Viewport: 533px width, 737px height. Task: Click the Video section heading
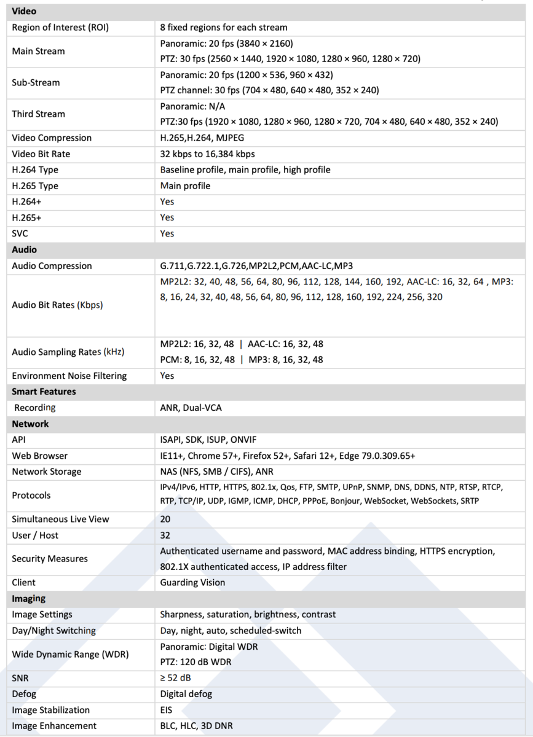point(24,11)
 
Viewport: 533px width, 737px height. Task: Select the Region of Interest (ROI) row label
point(60,27)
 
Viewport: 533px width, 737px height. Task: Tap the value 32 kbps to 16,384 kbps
point(207,154)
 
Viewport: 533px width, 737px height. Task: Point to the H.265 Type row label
point(35,185)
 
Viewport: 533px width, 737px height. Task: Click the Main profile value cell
point(185,185)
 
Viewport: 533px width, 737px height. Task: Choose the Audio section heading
point(24,249)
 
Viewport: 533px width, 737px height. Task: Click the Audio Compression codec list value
point(256,266)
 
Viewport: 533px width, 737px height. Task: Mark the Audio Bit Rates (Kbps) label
point(57,305)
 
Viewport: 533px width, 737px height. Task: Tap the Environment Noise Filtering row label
point(69,375)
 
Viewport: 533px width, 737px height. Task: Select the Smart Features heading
point(44,391)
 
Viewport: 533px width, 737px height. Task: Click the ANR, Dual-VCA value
point(191,407)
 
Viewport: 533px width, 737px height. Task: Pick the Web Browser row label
point(39,456)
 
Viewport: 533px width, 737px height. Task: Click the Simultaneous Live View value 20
point(165,519)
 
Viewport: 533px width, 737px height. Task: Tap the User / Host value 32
point(165,535)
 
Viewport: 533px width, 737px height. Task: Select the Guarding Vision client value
point(192,582)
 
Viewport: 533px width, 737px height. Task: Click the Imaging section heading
point(28,598)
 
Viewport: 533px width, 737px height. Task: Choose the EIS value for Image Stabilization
point(167,710)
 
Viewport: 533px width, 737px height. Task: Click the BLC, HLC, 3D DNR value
point(196,726)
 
